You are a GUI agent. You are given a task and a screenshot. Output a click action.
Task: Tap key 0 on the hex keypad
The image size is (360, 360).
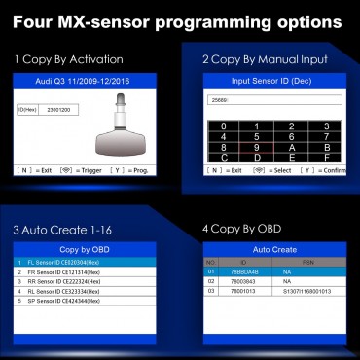(x=226, y=125)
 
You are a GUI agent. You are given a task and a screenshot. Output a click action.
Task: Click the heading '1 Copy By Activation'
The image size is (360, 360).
(x=61, y=60)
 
